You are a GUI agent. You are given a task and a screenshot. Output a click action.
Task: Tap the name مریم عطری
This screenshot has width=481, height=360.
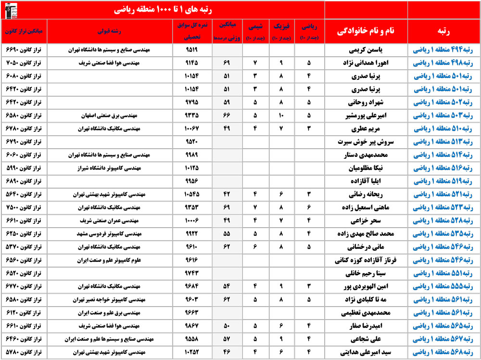(367, 129)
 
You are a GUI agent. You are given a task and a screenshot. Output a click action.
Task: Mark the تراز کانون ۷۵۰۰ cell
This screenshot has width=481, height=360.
(24, 208)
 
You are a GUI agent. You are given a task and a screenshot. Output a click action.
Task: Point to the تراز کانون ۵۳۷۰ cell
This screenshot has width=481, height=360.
(24, 247)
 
